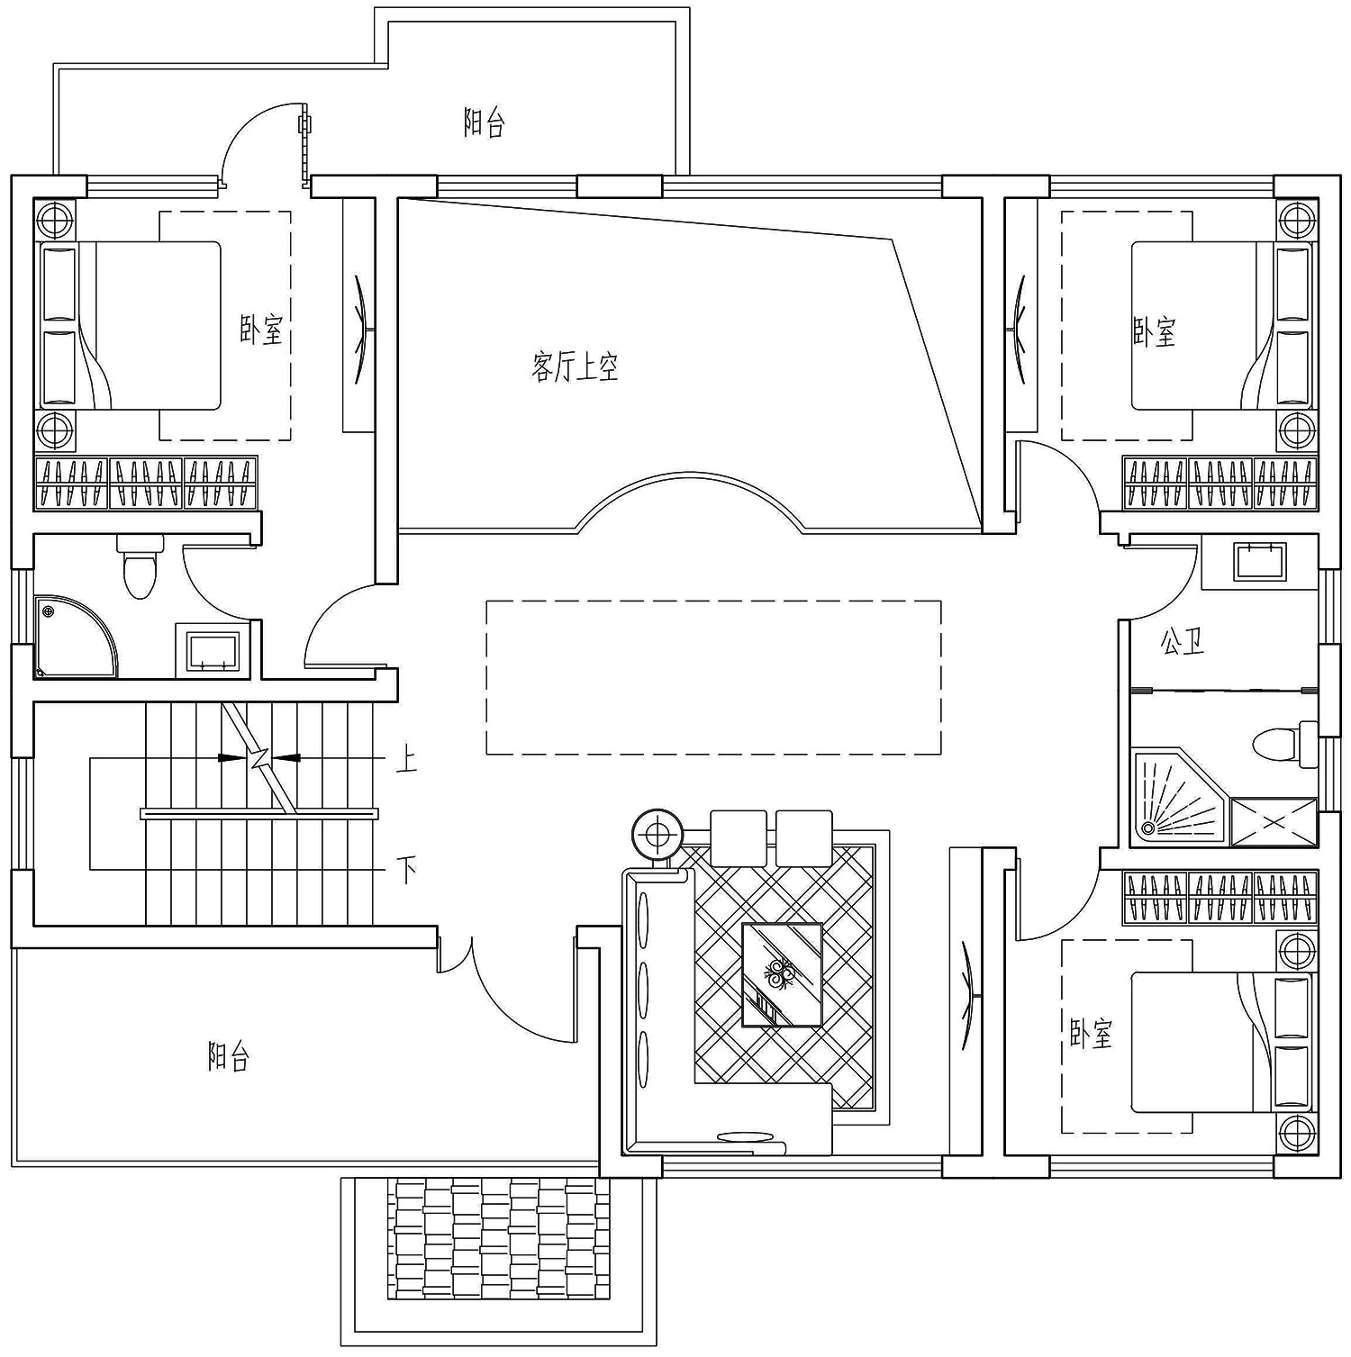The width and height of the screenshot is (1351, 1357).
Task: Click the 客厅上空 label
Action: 575,367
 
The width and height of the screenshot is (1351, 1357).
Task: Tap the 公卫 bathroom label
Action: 1182,642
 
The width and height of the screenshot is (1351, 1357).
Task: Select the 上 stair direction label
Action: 406,761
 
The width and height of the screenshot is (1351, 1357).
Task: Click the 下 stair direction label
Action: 407,870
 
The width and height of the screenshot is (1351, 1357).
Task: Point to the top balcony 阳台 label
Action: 484,123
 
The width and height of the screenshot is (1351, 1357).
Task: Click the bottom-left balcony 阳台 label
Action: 228,1055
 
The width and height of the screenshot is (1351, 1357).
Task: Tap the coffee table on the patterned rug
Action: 781,974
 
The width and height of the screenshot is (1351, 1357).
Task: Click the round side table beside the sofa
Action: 657,835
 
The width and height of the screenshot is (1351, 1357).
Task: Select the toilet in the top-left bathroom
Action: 140,568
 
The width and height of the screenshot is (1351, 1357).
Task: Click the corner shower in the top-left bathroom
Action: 72,637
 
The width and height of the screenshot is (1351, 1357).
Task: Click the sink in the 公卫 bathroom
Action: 1259,561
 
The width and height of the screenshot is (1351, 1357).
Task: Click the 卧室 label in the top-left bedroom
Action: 261,330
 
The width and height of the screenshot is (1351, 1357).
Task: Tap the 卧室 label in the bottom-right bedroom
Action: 1091,1034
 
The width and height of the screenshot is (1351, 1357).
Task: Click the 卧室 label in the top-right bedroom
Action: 1154,332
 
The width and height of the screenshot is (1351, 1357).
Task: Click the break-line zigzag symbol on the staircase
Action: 260,758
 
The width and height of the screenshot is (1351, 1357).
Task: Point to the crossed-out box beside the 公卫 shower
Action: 1273,821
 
